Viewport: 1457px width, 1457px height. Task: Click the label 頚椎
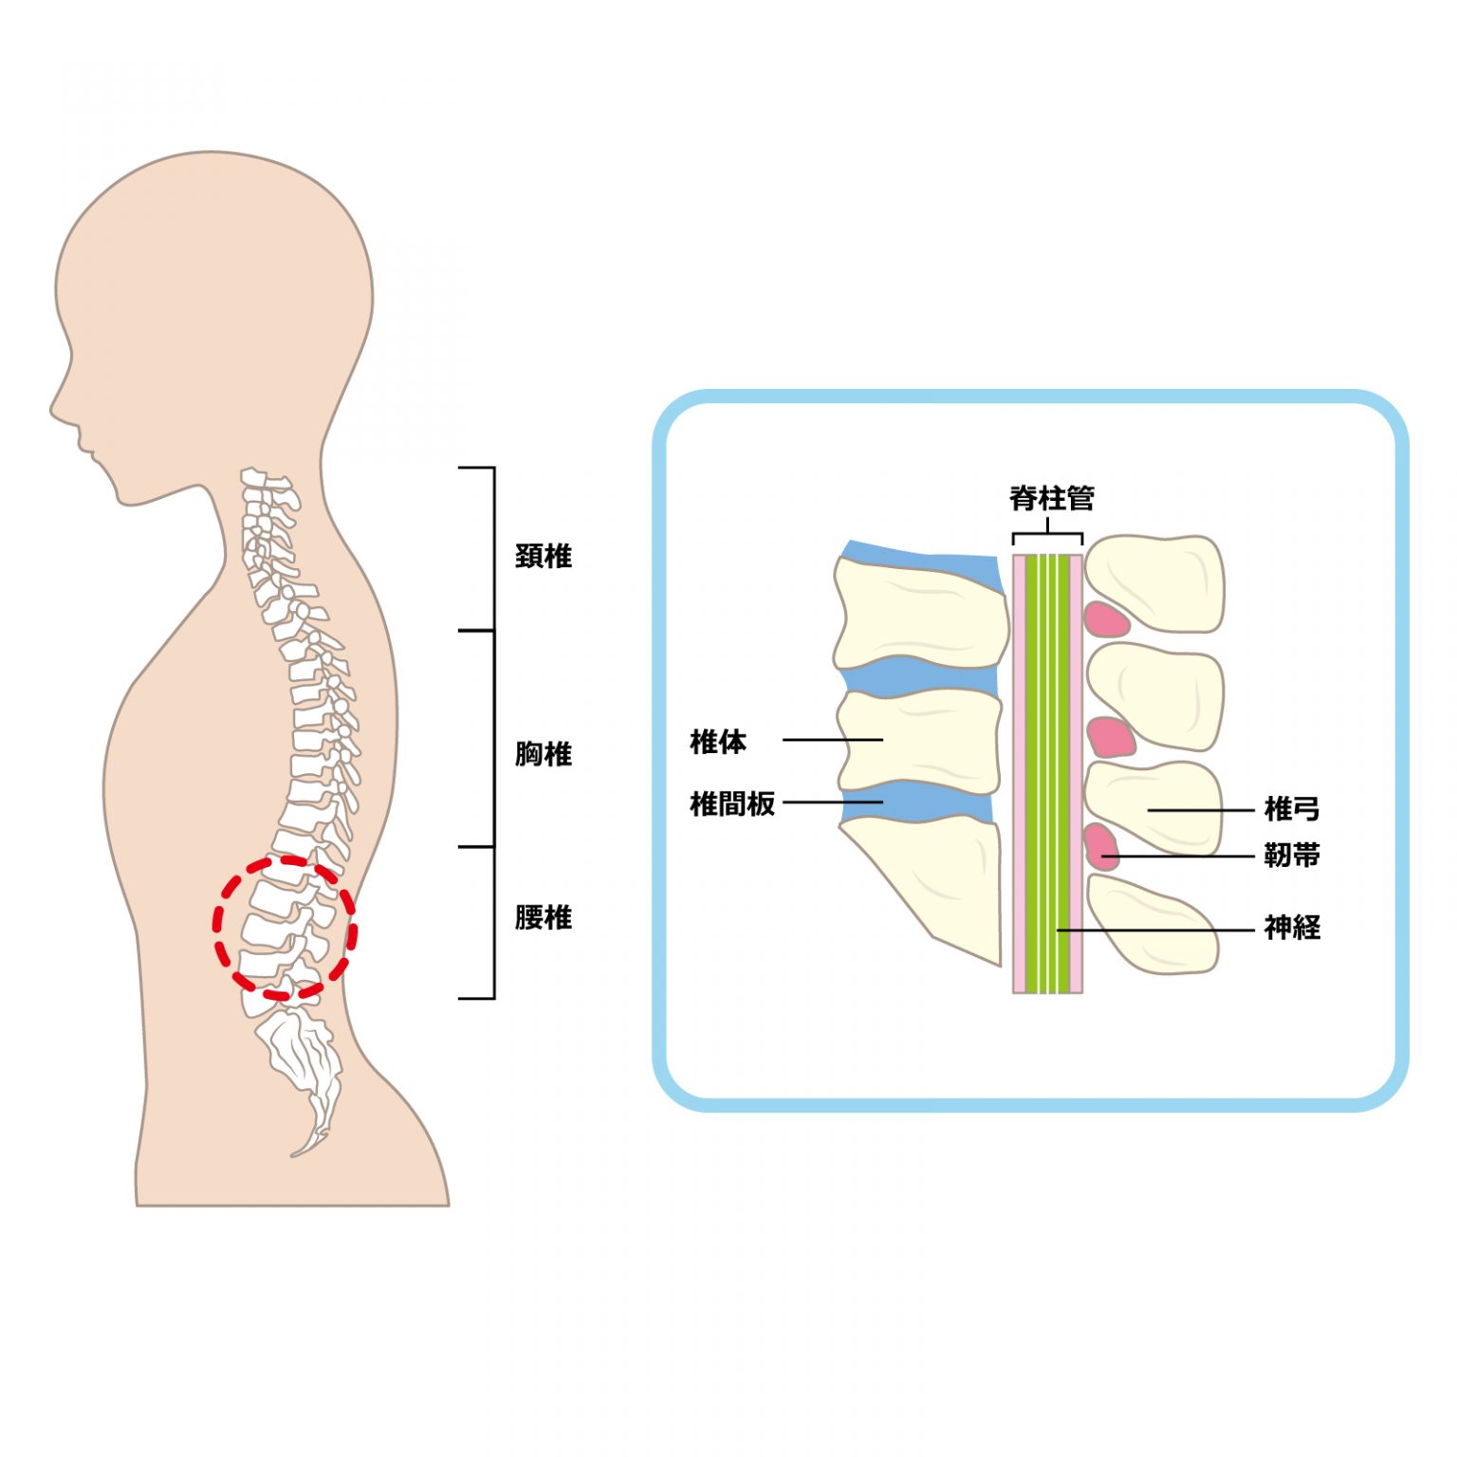click(544, 556)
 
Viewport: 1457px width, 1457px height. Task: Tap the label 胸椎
click(544, 754)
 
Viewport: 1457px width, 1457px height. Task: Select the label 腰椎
click(544, 917)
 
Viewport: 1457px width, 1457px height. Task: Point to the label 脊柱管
click(1051, 498)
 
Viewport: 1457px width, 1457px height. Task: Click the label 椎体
click(718, 741)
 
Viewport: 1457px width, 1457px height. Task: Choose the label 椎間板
click(732, 803)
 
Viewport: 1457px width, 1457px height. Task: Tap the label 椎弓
click(1292, 809)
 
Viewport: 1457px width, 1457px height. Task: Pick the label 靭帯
click(1292, 856)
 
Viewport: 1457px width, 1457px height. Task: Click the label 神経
click(1292, 927)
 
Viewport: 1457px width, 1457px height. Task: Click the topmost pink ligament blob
click(1106, 619)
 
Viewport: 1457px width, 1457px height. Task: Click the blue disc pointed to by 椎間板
click(915, 802)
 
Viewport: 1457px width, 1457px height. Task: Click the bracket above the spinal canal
click(1047, 536)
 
